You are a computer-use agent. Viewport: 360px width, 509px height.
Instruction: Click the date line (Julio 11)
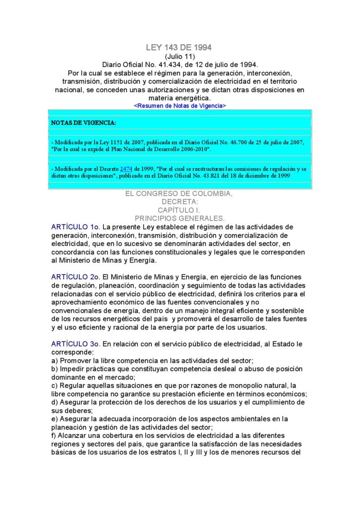click(179, 57)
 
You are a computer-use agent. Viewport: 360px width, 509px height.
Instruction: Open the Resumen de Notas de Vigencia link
click(180, 106)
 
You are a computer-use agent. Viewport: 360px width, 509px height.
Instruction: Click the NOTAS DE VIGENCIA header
click(84, 122)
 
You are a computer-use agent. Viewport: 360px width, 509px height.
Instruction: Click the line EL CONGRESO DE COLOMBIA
click(179, 194)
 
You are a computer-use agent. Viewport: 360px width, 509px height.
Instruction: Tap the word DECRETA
click(180, 202)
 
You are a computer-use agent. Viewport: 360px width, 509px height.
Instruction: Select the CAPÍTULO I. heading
click(179, 210)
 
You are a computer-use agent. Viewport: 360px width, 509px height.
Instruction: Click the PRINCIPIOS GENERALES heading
click(180, 218)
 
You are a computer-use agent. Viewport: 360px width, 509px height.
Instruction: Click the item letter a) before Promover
click(54, 360)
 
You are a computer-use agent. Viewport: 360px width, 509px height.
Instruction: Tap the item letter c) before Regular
click(54, 386)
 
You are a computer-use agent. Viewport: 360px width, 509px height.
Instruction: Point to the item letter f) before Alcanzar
click(54, 436)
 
